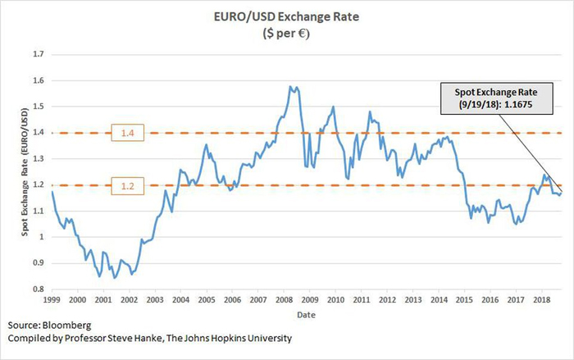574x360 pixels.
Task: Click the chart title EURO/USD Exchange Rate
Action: click(287, 15)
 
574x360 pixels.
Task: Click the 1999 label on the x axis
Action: click(52, 301)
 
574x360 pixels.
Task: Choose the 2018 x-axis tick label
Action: click(541, 301)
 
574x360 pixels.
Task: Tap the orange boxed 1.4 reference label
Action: click(125, 133)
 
